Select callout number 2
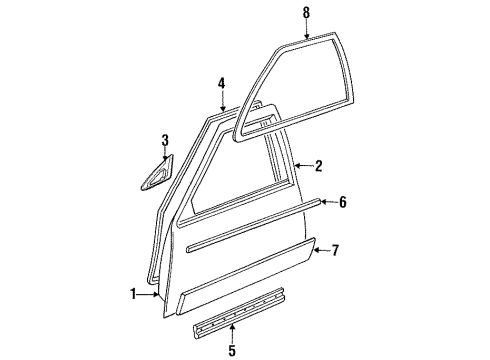[319, 166]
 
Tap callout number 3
[166, 140]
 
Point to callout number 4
[223, 84]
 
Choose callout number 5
[232, 350]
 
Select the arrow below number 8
[306, 29]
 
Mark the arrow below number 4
[223, 100]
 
